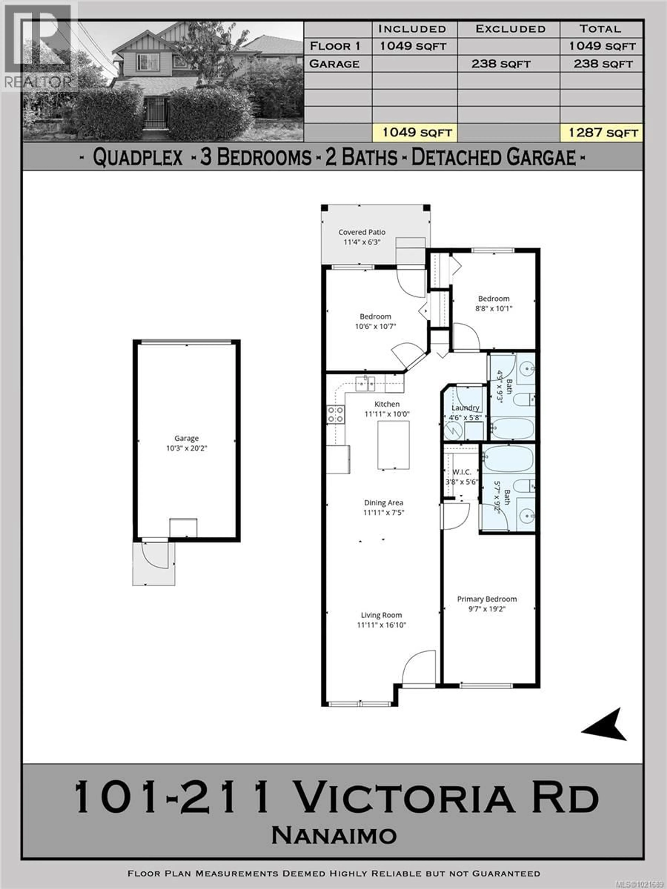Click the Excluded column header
pos(510,29)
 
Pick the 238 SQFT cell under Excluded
pos(501,64)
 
